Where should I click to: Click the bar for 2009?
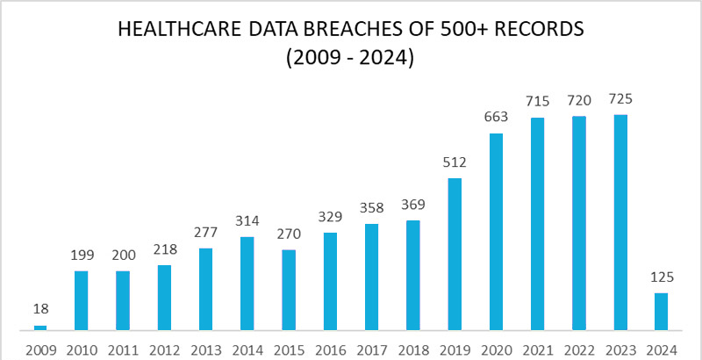point(39,328)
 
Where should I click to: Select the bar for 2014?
point(247,284)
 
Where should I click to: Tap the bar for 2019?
point(455,255)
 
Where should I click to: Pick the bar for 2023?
point(620,223)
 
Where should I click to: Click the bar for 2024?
point(662,312)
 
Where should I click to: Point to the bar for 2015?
point(289,290)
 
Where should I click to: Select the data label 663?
point(496,118)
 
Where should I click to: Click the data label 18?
point(39,309)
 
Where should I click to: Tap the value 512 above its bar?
point(455,162)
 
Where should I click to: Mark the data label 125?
point(662,277)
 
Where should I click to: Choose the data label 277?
point(205,233)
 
